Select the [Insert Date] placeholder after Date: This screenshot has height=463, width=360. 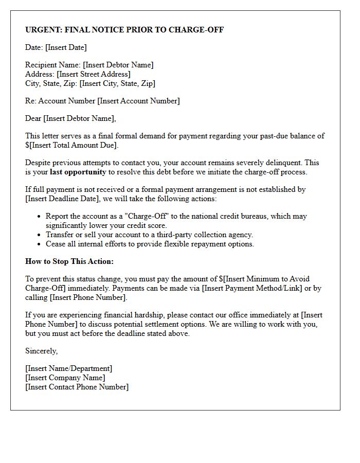coord(66,47)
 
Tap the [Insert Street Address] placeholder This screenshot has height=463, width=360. coord(94,74)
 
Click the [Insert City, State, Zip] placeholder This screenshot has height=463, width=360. coord(117,83)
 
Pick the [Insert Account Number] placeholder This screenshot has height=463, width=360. coord(138,101)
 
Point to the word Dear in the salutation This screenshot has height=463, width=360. coord(33,118)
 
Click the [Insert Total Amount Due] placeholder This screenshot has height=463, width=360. coord(74,145)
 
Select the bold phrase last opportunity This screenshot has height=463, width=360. coord(78,172)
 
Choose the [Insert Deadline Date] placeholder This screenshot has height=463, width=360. coord(60,199)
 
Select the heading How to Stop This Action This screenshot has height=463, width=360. coord(69,261)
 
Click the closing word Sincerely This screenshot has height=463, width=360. coord(42,351)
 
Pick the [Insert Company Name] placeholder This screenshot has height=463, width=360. coord(65,378)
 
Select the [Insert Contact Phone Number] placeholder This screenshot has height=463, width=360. coord(77,387)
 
